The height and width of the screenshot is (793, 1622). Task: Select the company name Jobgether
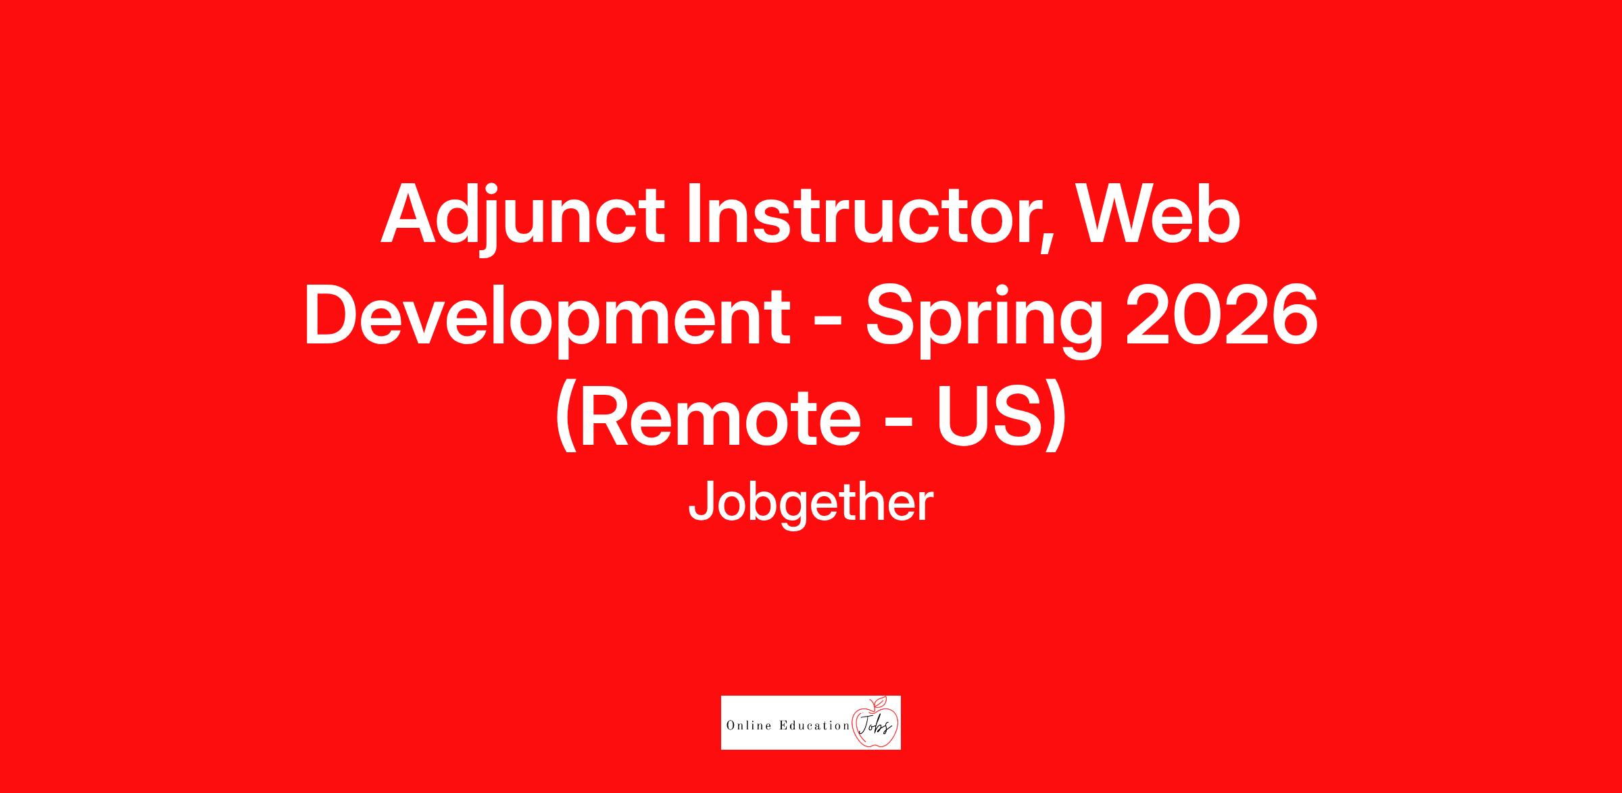pyautogui.click(x=810, y=504)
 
